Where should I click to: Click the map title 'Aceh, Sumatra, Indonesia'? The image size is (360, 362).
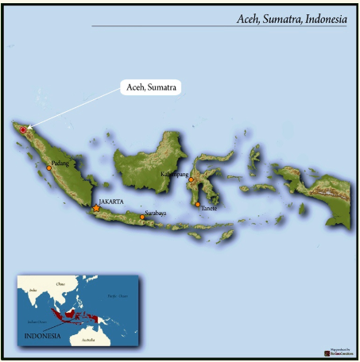coord(291,19)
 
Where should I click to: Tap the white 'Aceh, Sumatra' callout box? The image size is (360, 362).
coord(152,87)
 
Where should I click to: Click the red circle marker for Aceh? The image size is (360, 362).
coord(24,129)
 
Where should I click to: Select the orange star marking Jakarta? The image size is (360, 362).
coord(96,208)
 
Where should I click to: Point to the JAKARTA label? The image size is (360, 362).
coord(111,202)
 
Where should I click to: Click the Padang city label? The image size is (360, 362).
coord(60,164)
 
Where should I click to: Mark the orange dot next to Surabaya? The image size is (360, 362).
coord(142,217)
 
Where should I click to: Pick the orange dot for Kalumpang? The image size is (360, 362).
coord(192,180)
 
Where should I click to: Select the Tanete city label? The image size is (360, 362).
coord(209,207)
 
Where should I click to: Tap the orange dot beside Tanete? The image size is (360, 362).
coord(197,205)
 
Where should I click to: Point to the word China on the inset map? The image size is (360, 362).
coord(60,283)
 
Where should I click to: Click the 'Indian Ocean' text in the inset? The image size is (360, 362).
coord(34,321)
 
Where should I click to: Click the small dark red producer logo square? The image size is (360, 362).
coord(327,352)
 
